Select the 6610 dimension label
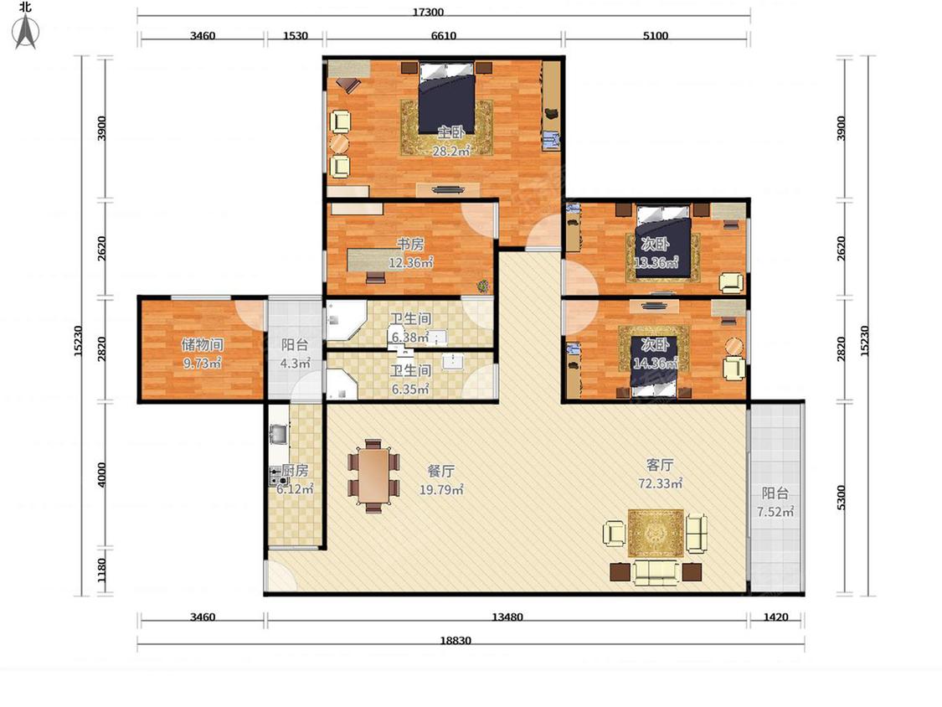[x=443, y=35]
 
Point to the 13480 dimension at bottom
[x=507, y=617]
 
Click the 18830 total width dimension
[x=456, y=640]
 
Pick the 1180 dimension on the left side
[x=101, y=570]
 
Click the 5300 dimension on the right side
[x=841, y=498]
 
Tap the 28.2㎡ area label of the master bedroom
[x=451, y=151]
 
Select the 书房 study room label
[x=411, y=244]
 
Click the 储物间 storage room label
[x=203, y=344]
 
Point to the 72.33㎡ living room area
[x=660, y=483]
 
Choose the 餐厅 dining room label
[x=441, y=472]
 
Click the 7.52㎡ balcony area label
[x=775, y=512]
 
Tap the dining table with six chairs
[x=373, y=476]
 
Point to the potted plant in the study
[x=483, y=286]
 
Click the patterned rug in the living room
[x=656, y=534]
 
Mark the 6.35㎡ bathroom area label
[x=410, y=389]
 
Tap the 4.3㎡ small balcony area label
[x=295, y=363]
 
